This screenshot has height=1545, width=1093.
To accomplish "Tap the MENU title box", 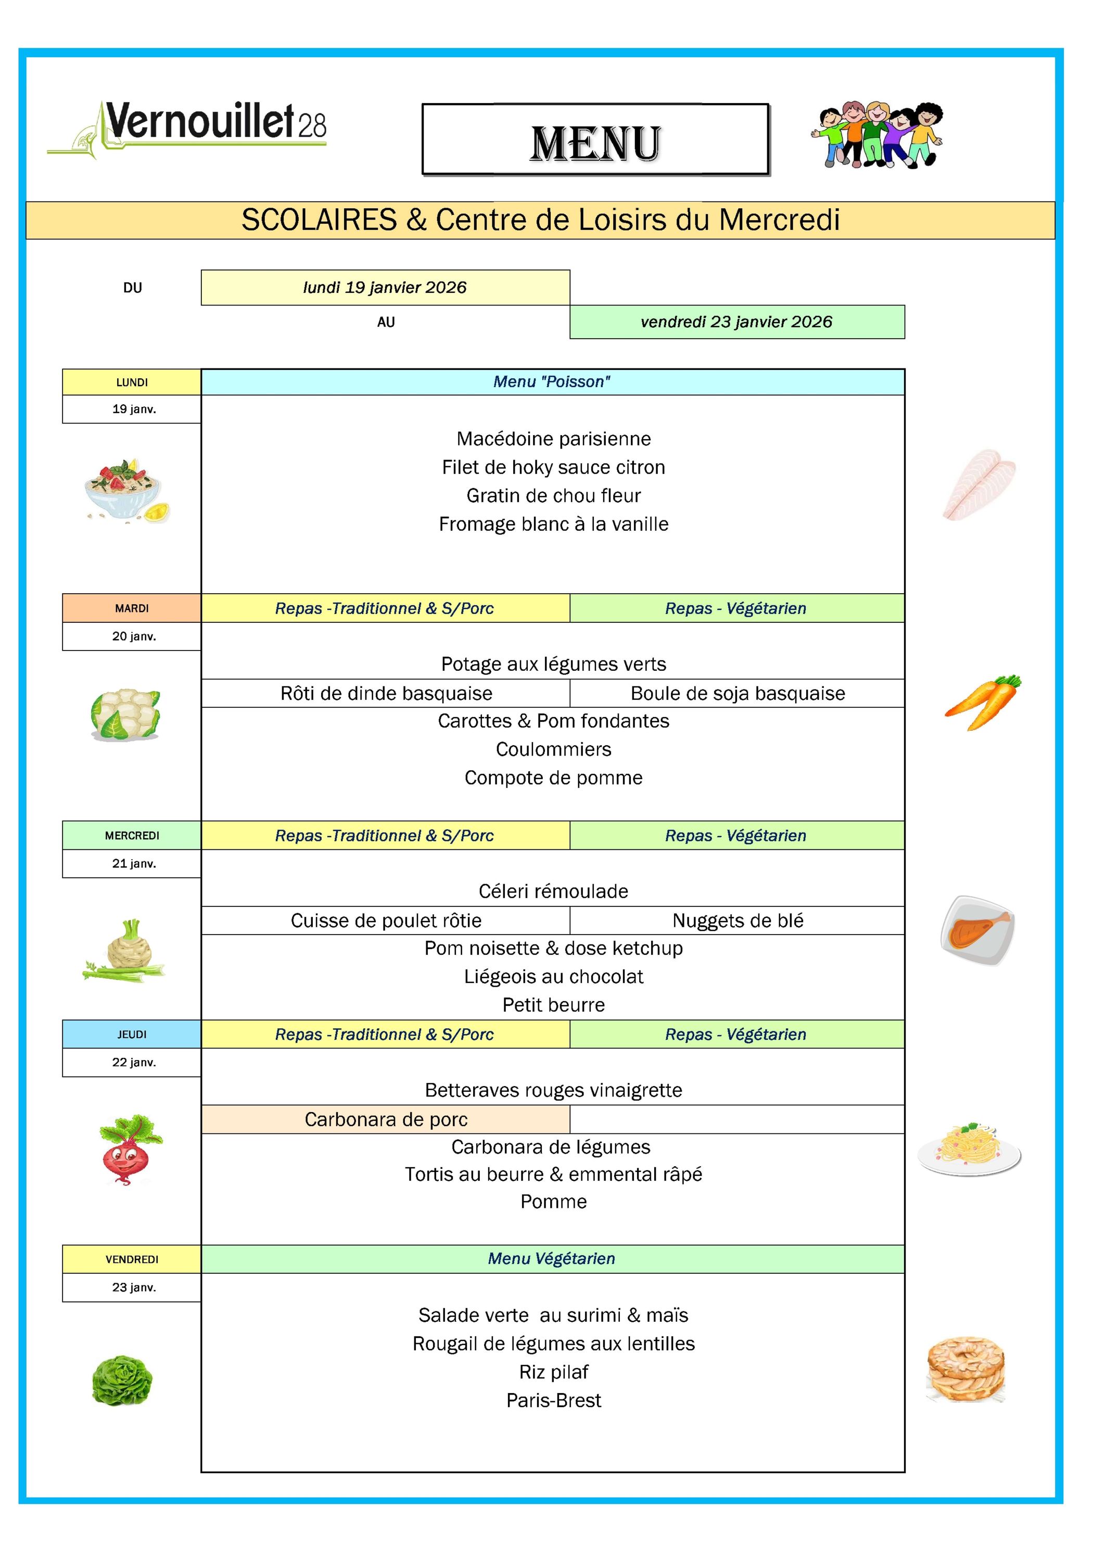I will click(595, 140).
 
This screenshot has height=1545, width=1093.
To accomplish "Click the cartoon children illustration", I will click(876, 135).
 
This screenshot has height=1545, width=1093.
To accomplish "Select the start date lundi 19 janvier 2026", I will click(385, 288).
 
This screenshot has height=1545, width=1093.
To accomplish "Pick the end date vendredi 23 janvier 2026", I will click(736, 322).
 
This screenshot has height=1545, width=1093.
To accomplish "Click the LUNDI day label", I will click(132, 382).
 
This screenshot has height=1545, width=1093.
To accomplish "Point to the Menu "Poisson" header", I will click(552, 382).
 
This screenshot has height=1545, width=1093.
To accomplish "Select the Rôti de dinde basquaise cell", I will click(386, 693).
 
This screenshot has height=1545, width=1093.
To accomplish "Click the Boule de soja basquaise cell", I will click(737, 693).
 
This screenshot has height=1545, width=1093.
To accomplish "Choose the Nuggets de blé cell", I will click(737, 921).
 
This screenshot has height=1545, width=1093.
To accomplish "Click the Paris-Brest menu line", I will click(553, 1400).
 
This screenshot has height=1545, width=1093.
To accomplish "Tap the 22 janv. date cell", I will click(134, 1063).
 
